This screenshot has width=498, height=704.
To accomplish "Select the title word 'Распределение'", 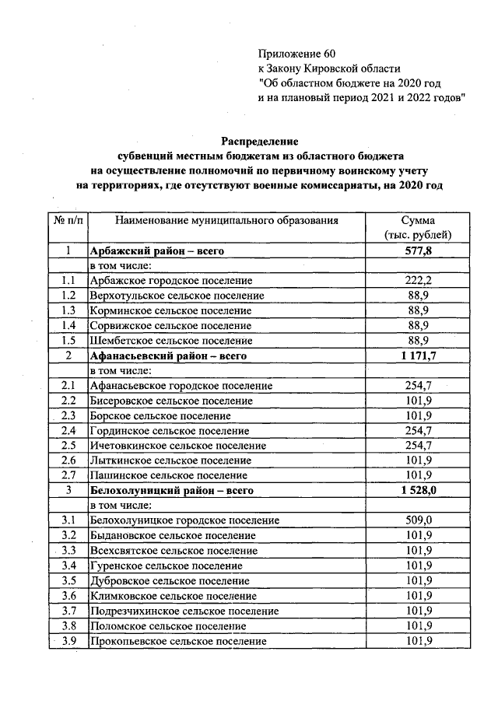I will [x=260, y=142].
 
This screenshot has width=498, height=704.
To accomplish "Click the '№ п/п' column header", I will [x=68, y=220].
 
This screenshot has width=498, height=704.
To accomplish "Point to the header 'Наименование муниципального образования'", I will [x=226, y=220].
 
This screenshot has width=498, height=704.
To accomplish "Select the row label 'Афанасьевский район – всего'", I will [x=168, y=356].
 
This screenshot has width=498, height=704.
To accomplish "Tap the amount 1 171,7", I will [x=418, y=356].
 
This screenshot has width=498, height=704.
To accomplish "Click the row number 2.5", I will [x=68, y=446].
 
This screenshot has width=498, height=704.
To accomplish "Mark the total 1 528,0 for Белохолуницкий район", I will [x=418, y=491].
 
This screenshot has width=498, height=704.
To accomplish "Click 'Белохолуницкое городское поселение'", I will [x=184, y=520].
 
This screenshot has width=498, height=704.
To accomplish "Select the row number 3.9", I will [x=68, y=641].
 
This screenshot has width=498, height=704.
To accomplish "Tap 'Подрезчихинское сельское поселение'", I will [x=184, y=611].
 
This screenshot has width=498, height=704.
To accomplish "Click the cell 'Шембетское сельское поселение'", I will [x=171, y=341].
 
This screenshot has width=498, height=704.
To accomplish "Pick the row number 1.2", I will [x=68, y=296].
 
